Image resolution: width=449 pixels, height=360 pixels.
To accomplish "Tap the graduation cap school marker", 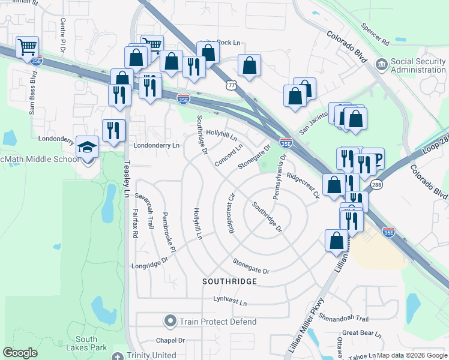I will coord(87,146).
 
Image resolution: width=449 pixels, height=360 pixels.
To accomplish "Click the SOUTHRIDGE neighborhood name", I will coord(229,281).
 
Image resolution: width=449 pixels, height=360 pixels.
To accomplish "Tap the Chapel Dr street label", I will coord(170,340).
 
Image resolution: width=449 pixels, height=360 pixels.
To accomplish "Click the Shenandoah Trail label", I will coord(343,318).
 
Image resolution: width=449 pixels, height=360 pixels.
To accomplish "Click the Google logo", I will coord(20,353).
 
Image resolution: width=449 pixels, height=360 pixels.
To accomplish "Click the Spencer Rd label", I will coord(376,35).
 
